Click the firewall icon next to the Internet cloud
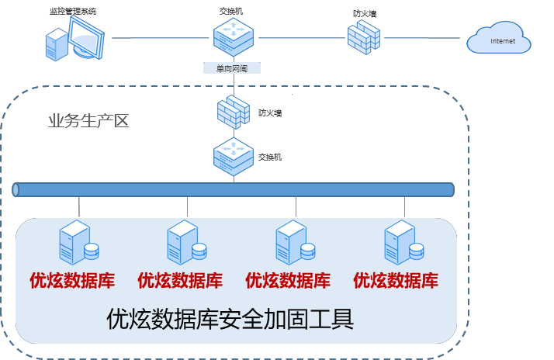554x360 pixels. (x=362, y=36)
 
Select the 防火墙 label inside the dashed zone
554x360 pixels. (x=270, y=113)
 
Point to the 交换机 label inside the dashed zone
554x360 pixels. (x=270, y=157)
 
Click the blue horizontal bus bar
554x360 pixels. (x=233, y=190)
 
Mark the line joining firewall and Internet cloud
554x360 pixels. (x=423, y=38)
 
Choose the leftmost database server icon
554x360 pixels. (x=78, y=243)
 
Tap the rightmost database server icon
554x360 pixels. (x=404, y=243)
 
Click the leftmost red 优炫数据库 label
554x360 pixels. (x=71, y=280)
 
